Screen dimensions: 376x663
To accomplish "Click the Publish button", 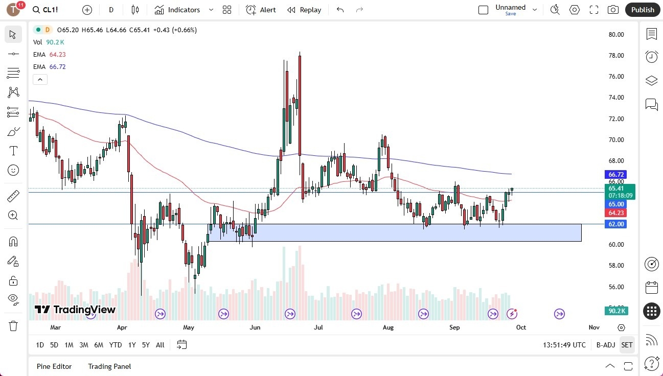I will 643,10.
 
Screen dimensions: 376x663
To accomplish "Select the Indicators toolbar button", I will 177,10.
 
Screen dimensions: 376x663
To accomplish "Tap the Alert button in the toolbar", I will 261,10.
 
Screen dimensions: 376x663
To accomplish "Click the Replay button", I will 304,10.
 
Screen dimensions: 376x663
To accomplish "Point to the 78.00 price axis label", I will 616,56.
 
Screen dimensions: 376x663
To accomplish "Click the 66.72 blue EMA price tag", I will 615,175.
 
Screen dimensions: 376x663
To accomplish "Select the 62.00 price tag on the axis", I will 615,224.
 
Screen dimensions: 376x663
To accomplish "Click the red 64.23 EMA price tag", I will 615,213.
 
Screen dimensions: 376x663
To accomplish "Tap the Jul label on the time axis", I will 318,327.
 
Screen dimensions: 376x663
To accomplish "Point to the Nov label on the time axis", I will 593,327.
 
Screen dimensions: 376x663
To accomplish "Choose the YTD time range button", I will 116,345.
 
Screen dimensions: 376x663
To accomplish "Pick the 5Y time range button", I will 146,345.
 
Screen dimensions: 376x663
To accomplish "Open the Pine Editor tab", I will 54,366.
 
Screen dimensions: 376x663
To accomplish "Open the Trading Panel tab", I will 109,366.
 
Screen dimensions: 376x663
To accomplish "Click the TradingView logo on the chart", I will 75,310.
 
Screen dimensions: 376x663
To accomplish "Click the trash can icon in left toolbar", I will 13,326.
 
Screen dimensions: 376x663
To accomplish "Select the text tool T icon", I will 13,151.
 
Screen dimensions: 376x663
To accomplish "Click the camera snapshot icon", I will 612,10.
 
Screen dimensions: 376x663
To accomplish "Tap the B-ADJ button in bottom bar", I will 605,345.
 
